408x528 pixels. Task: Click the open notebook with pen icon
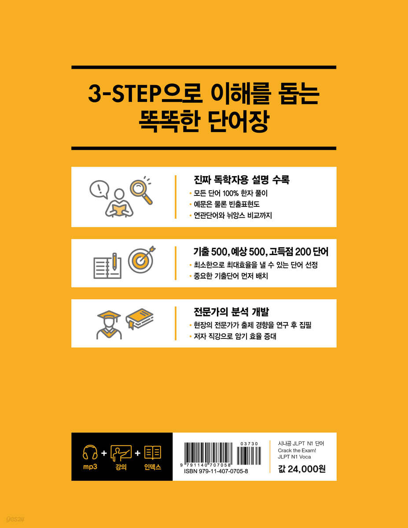(x=107, y=267)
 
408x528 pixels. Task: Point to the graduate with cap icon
(x=109, y=325)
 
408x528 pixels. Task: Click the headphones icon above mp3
(x=90, y=452)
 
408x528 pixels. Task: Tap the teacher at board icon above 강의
(x=121, y=453)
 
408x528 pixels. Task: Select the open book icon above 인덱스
(x=153, y=453)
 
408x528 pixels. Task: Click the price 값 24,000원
(x=302, y=469)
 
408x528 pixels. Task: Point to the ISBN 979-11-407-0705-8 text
(x=216, y=471)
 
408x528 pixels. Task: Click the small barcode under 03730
(x=249, y=456)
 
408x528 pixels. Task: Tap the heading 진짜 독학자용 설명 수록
(x=242, y=180)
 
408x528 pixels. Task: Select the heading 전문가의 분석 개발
(x=232, y=312)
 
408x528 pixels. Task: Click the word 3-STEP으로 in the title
(x=145, y=94)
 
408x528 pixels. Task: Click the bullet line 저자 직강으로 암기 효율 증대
(x=235, y=337)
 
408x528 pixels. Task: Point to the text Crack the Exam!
(x=297, y=451)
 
